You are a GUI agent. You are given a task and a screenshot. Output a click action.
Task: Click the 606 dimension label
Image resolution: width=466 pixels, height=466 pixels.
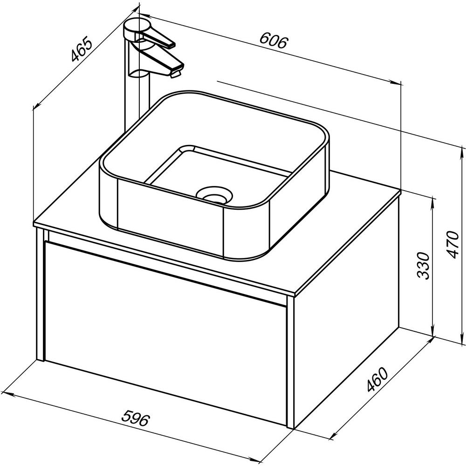tap(274, 41)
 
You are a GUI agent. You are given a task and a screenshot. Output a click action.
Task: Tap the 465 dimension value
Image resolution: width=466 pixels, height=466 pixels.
tap(81, 49)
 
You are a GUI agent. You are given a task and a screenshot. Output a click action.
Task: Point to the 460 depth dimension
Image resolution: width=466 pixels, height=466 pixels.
tap(377, 380)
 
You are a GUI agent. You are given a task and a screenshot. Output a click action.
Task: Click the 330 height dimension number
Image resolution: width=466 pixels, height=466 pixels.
tap(424, 266)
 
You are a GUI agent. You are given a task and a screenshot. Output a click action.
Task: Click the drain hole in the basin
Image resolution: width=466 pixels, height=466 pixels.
tap(214, 195)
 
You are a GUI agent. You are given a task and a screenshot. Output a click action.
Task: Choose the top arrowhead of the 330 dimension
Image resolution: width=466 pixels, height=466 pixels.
tap(433, 202)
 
